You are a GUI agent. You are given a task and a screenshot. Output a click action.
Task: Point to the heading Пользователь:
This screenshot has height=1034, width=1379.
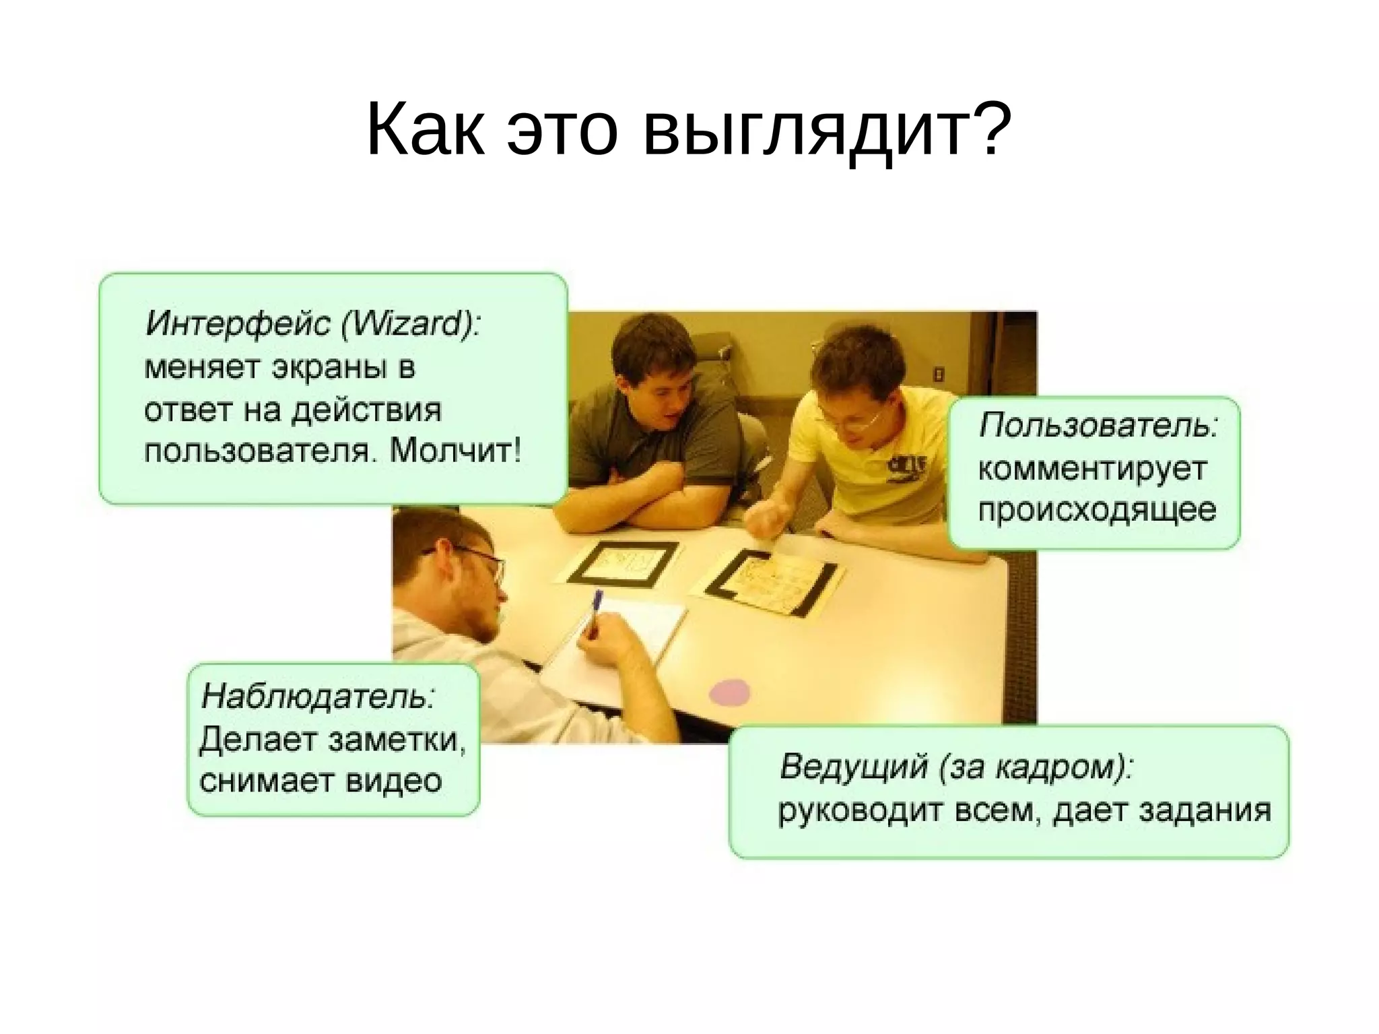(1098, 426)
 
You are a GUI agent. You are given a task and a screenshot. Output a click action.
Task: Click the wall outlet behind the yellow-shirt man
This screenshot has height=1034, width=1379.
(939, 374)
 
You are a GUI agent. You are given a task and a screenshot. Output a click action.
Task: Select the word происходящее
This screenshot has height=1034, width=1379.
(1097, 510)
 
